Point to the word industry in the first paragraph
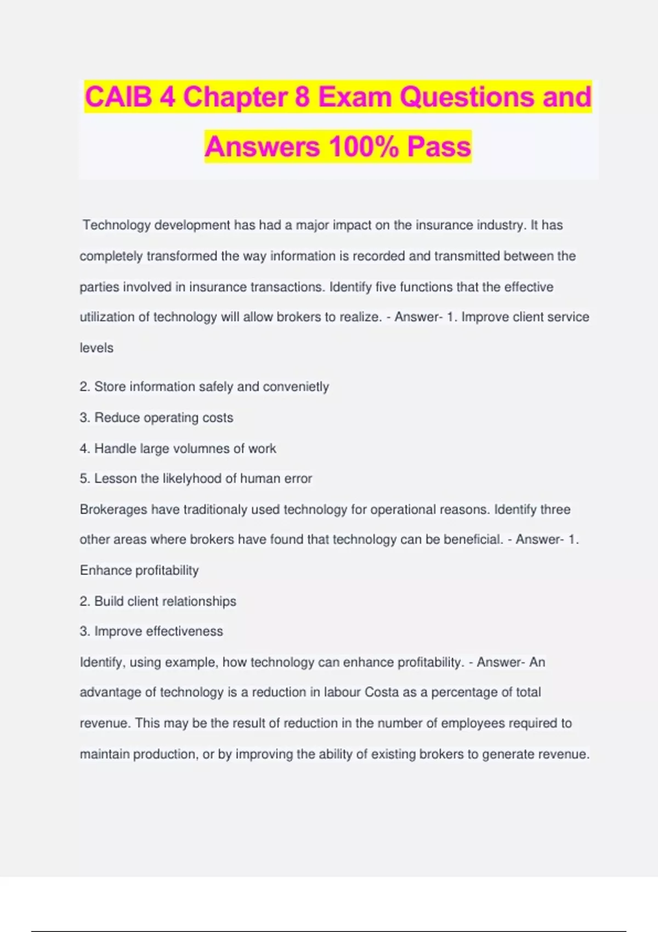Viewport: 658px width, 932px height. pyautogui.click(x=498, y=225)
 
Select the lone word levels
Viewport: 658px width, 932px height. pyautogui.click(x=97, y=348)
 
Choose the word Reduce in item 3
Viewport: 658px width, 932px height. pyautogui.click(x=117, y=417)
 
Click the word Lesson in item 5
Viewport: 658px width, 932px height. pyautogui.click(x=115, y=479)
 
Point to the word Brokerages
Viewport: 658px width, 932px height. pyautogui.click(x=114, y=509)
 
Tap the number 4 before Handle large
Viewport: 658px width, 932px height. pyautogui.click(x=83, y=448)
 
